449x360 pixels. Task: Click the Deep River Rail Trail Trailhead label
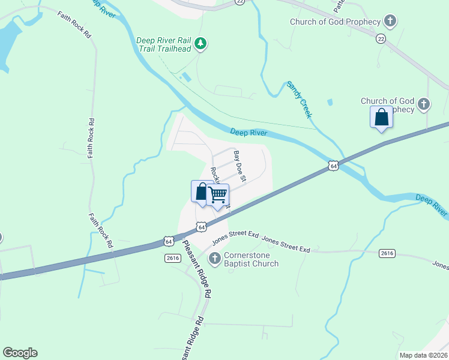point(163,45)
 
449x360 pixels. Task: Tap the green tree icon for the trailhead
point(201,43)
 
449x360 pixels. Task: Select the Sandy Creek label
point(300,100)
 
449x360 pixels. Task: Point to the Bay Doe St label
point(240,166)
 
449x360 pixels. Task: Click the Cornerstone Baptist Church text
point(251,259)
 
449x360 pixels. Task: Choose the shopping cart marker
point(218,195)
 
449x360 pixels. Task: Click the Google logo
point(20,353)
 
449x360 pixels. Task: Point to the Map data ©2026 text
point(423,355)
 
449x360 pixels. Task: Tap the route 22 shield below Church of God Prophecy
point(381,38)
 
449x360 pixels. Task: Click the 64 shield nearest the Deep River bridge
point(333,165)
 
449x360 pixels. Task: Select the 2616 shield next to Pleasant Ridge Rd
point(173,257)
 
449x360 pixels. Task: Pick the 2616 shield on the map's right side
point(387,254)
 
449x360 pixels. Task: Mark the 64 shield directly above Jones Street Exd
point(202,227)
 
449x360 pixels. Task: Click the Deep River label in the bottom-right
point(432,205)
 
